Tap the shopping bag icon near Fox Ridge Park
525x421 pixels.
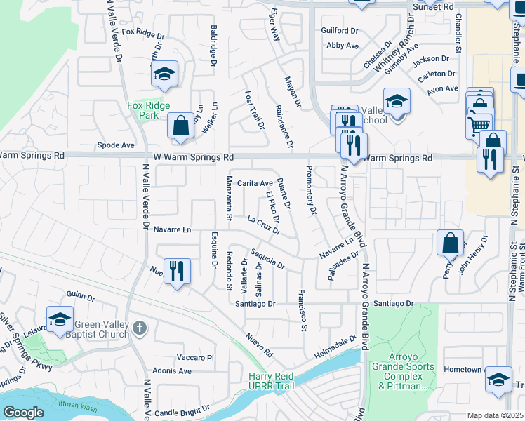[x=181, y=126]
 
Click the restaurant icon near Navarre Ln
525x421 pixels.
[x=177, y=270]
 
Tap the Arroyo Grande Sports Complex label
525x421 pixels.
[x=401, y=375]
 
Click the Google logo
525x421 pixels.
[x=23, y=413]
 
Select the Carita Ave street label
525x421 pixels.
[x=254, y=182]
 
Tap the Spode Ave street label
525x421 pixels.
[x=116, y=145]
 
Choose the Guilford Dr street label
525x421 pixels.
[x=340, y=31]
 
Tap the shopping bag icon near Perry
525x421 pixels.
[x=450, y=243]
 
